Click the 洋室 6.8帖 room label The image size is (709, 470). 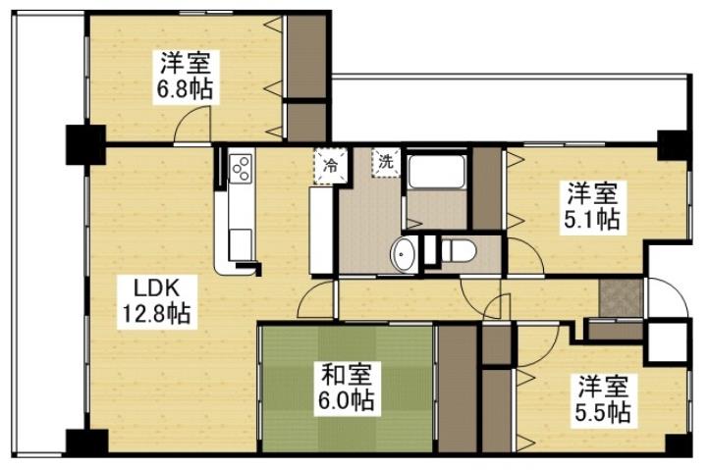click(x=185, y=77)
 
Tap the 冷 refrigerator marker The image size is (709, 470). click(x=328, y=164)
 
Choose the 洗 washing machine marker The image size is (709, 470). click(x=386, y=162)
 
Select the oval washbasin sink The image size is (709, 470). click(x=403, y=254)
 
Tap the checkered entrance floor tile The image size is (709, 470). click(x=621, y=298)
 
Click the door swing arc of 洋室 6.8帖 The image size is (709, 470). click(x=192, y=126)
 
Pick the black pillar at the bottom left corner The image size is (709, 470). click(x=85, y=443)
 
